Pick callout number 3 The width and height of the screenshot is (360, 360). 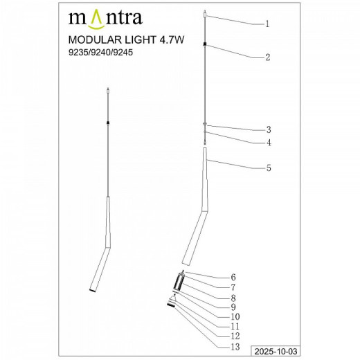267,129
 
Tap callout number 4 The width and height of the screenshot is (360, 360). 267,143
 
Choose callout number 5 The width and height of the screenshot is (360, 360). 267,168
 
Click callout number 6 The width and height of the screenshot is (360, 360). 233,277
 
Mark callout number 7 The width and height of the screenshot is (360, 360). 233,287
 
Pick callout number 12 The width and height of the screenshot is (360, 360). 233,335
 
